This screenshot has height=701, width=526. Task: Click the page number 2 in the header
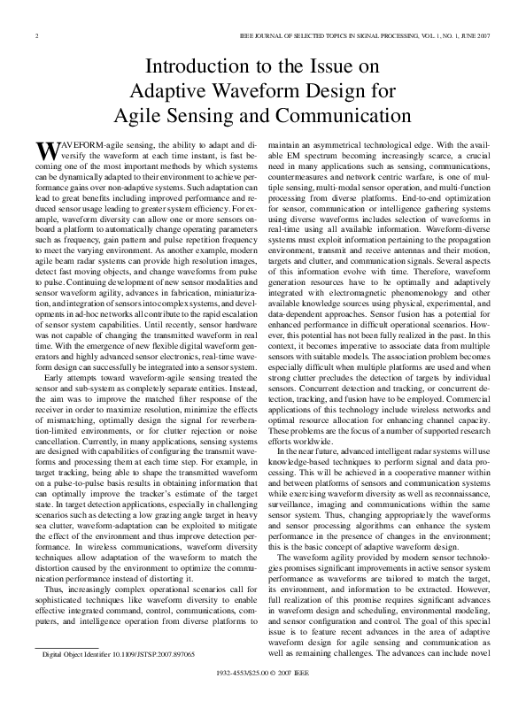point(35,36)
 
